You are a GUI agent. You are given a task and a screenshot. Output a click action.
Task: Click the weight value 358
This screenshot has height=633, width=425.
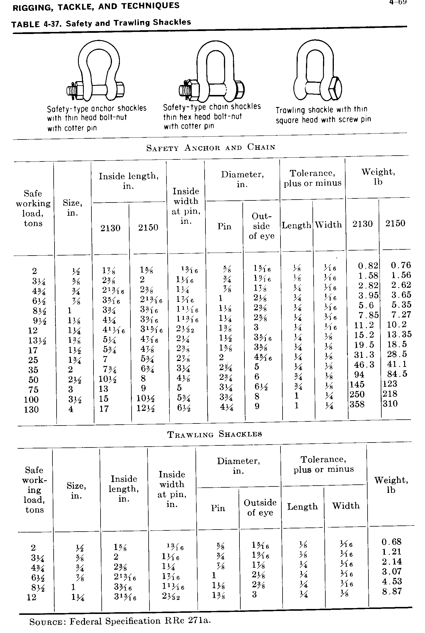pyautogui.click(x=357, y=404)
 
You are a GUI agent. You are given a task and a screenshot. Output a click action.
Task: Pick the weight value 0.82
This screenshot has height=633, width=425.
pyautogui.click(x=368, y=266)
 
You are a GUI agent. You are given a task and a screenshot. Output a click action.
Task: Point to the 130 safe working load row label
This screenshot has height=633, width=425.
pyautogui.click(x=31, y=409)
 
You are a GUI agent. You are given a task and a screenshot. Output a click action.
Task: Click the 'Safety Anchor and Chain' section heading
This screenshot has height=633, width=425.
pyautogui.click(x=211, y=147)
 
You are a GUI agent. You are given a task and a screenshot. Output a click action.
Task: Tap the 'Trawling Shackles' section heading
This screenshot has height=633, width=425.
pyautogui.click(x=215, y=434)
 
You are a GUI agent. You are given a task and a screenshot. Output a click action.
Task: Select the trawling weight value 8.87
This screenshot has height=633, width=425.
pyautogui.click(x=392, y=591)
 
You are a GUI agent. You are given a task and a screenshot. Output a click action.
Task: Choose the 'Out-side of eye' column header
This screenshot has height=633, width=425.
pyautogui.click(x=261, y=226)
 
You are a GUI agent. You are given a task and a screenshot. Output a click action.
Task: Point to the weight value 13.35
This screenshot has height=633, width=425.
pyautogui.click(x=399, y=334)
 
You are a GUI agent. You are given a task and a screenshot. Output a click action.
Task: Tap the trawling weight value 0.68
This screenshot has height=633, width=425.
pyautogui.click(x=392, y=542)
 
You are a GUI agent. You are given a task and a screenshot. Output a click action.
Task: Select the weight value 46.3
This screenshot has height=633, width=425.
pyautogui.click(x=364, y=365)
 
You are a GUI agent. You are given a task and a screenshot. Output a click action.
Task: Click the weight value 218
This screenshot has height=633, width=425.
pyautogui.click(x=390, y=394)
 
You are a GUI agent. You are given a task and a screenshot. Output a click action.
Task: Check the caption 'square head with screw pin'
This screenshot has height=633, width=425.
pyautogui.click(x=323, y=120)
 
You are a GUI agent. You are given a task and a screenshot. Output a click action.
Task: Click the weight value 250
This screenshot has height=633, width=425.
pyautogui.click(x=357, y=394)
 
